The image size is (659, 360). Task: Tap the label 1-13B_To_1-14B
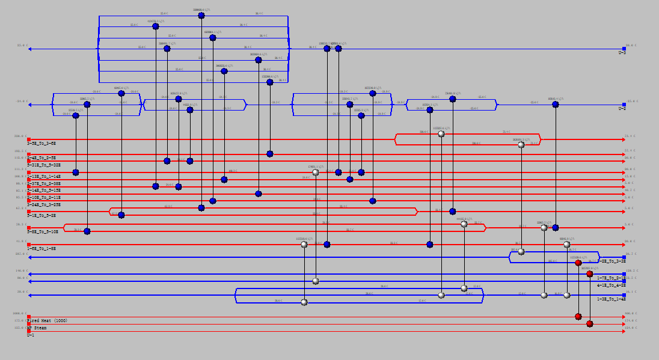[x=44, y=177]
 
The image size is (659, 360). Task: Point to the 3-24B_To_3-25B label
[x=44, y=205]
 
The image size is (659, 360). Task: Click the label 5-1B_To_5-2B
[x=41, y=215]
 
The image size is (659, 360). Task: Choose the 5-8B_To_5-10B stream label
[x=43, y=231]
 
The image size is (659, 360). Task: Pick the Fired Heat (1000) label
[x=47, y=321]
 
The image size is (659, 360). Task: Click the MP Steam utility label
[x=37, y=328]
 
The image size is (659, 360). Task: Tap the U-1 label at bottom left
[x=31, y=335]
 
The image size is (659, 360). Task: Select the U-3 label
[x=622, y=53]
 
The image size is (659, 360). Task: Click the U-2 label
[x=622, y=109]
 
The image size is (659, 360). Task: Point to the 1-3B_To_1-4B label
[x=611, y=299]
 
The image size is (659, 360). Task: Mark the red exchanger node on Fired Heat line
[x=578, y=317]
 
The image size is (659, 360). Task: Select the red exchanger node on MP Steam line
[x=590, y=324]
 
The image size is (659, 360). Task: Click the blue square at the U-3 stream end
[x=624, y=49]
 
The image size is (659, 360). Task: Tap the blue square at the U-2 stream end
[x=624, y=105]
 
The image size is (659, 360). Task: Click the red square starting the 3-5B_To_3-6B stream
[x=29, y=139]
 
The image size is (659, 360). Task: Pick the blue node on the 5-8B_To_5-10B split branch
[x=87, y=231]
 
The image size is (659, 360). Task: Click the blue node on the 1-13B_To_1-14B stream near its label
[x=76, y=172]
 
